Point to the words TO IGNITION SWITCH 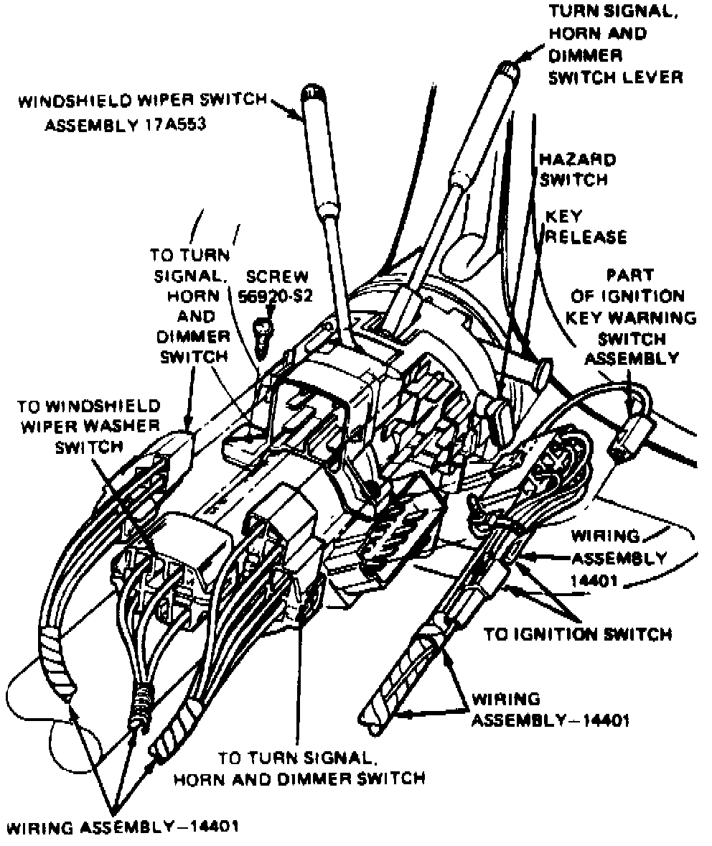click(578, 634)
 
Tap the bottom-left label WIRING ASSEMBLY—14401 click(121, 825)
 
